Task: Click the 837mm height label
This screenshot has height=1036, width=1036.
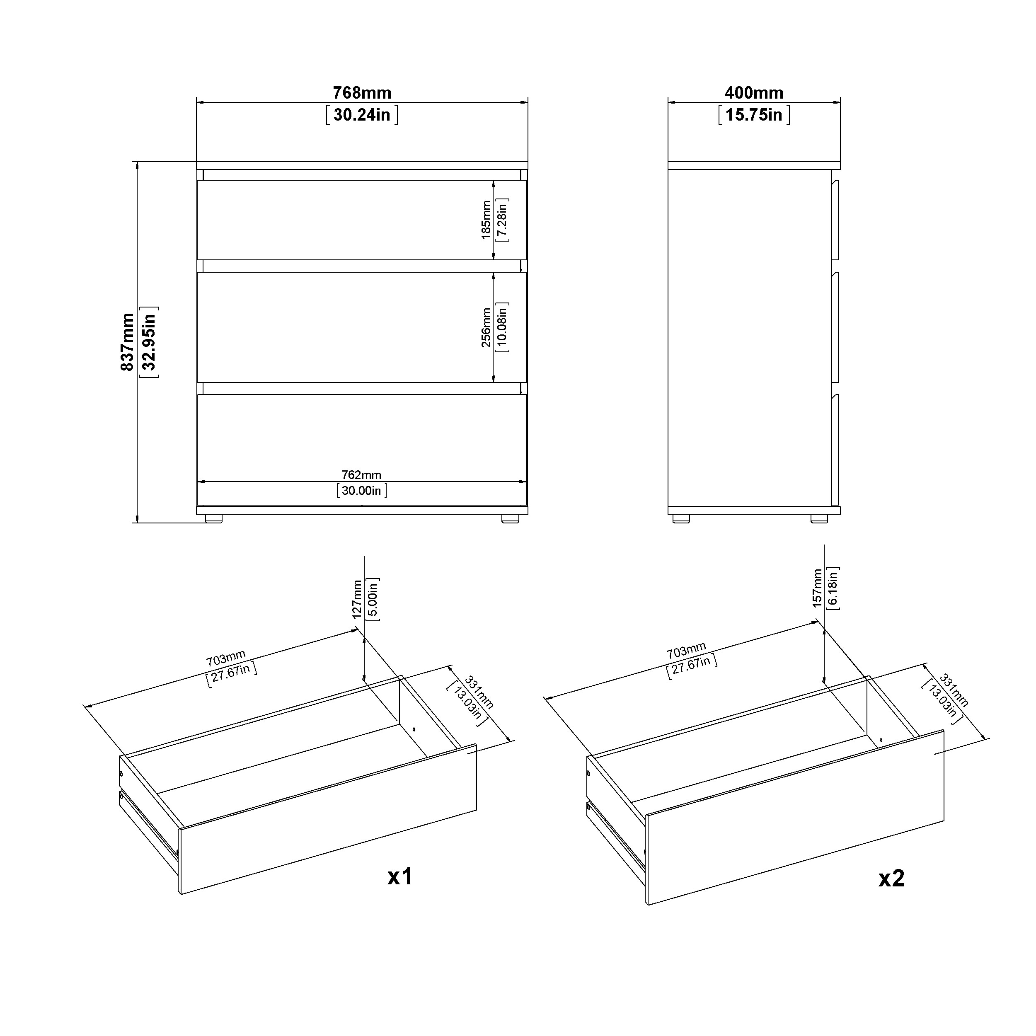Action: click(128, 342)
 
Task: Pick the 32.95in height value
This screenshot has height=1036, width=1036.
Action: click(149, 342)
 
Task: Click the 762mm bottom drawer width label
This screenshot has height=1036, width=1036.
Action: click(361, 475)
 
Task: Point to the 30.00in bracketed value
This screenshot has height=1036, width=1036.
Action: click(361, 491)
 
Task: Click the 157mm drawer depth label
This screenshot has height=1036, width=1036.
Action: click(817, 588)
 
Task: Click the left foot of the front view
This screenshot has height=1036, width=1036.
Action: click(213, 518)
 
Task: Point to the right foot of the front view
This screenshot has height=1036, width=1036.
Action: click(511, 518)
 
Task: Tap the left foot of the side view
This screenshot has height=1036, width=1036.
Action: click(681, 518)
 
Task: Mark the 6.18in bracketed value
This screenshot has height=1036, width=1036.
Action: click(833, 588)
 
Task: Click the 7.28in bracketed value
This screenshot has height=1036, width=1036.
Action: click(502, 220)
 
